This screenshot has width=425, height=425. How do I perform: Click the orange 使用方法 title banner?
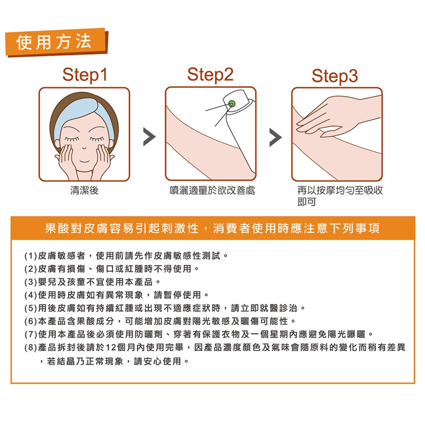click(x=57, y=42)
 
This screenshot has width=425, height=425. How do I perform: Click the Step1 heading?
click(x=85, y=75)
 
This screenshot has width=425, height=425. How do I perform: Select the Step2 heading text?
click(x=210, y=75)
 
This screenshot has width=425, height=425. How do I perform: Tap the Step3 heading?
click(x=335, y=76)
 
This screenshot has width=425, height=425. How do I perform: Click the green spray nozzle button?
click(x=232, y=103)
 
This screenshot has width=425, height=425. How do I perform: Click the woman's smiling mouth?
click(x=85, y=161)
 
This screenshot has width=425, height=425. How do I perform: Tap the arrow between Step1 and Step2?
click(x=149, y=137)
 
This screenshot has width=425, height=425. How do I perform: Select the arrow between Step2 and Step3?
click(x=275, y=137)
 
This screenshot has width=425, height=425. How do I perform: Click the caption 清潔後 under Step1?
click(x=84, y=190)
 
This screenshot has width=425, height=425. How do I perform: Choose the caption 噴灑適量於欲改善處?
click(x=212, y=190)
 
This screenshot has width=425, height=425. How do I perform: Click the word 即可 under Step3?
click(x=306, y=202)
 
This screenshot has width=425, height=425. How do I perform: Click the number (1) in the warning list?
click(x=30, y=255)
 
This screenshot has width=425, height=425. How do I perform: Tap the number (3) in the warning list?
click(x=30, y=282)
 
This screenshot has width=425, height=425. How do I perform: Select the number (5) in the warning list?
click(x=30, y=308)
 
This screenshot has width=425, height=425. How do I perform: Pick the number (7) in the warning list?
click(x=30, y=334)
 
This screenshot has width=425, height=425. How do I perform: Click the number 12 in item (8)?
click(x=111, y=347)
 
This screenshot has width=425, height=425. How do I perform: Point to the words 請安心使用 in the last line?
click(x=157, y=361)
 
